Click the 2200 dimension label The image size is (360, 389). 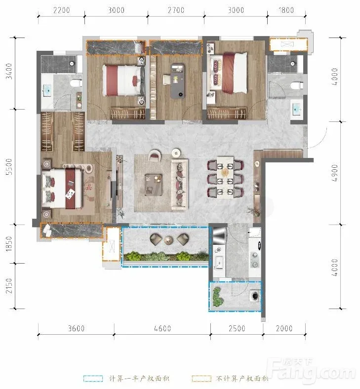(x=62, y=10)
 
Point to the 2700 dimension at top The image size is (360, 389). (x=176, y=10)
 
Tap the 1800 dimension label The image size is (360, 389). (x=286, y=10)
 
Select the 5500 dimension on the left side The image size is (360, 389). (x=9, y=167)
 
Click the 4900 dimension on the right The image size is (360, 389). (x=335, y=173)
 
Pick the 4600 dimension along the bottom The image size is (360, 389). (x=162, y=328)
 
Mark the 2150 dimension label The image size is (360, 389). (x=9, y=285)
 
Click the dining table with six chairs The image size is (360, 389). (x=225, y=177)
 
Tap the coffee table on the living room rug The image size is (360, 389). (x=154, y=185)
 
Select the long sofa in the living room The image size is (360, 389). (x=179, y=185)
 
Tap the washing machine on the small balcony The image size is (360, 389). (x=255, y=296)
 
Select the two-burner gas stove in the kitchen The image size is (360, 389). (x=255, y=260)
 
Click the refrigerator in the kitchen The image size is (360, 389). (x=219, y=235)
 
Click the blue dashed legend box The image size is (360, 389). (x=93, y=379)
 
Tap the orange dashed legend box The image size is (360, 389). (x=201, y=379)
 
